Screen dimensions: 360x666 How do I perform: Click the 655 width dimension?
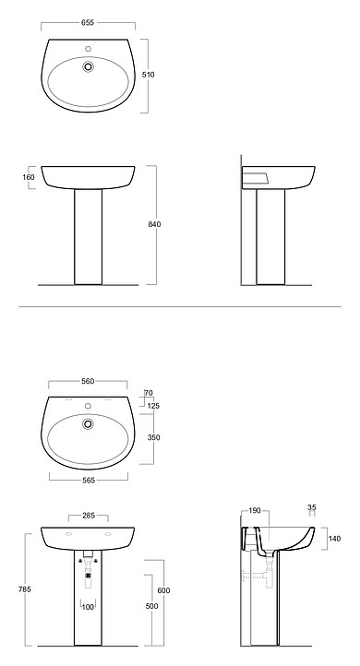(88, 22)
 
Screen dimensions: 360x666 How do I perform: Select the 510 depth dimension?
(149, 75)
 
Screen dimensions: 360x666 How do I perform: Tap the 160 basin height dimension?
(29, 177)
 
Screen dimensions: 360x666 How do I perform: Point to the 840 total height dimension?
(155, 224)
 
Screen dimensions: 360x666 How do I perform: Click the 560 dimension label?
(88, 381)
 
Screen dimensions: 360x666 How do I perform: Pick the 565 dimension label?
(89, 481)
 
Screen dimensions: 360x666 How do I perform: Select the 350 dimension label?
(153, 437)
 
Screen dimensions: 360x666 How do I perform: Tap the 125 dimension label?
(153, 406)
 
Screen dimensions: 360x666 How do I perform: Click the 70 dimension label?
(149, 393)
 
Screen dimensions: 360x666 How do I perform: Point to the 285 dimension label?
(89, 516)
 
